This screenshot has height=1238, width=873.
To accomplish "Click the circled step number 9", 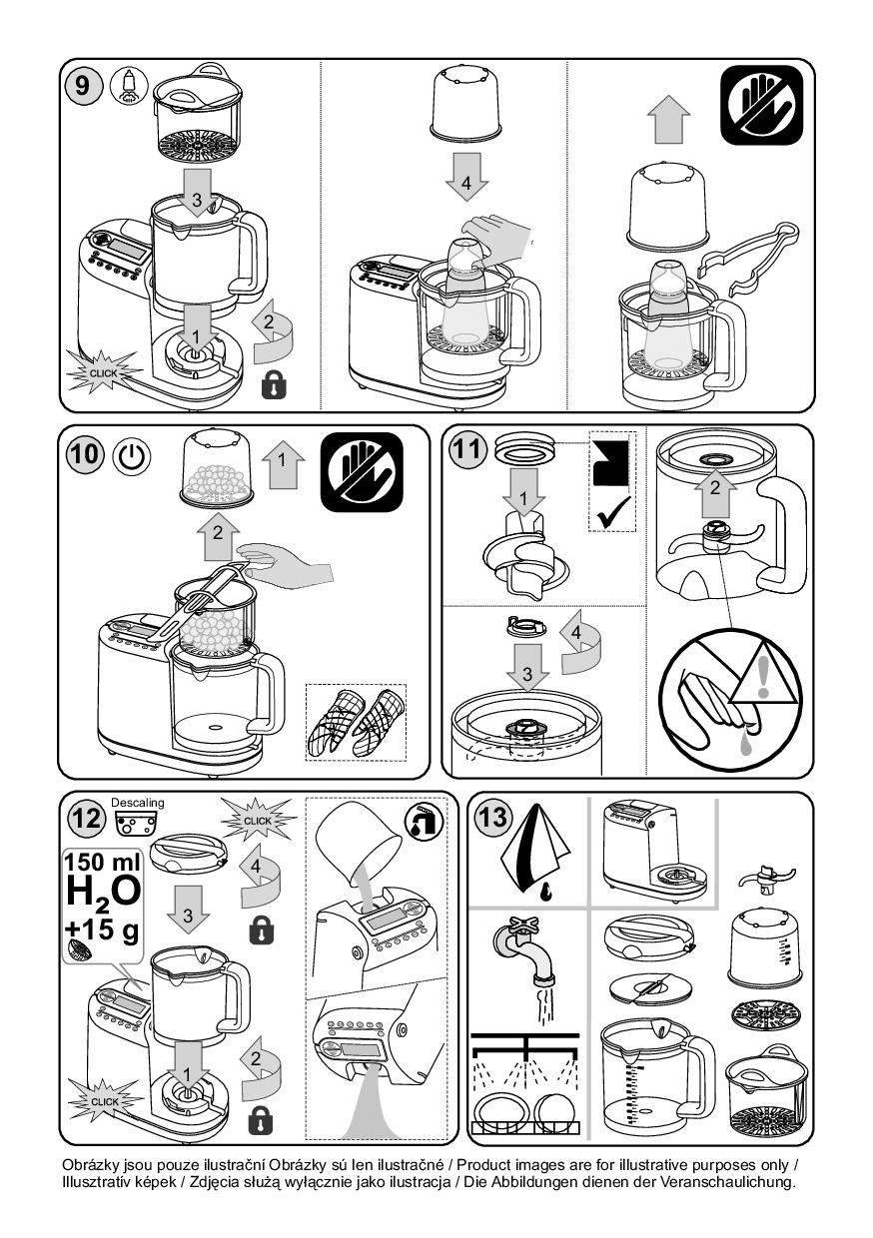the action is (x=81, y=86).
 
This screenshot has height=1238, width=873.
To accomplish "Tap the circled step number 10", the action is (x=85, y=454).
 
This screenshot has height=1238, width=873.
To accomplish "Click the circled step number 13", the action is (x=492, y=817).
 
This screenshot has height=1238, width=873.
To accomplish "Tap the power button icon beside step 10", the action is (x=132, y=457).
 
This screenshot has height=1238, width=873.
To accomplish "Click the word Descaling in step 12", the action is (x=138, y=803).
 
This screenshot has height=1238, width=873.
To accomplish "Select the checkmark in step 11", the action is (x=613, y=512).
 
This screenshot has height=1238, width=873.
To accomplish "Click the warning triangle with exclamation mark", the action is (x=763, y=675).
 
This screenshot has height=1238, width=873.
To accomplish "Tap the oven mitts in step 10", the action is (x=356, y=722).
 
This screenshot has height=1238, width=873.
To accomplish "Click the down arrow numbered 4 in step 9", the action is (x=466, y=177).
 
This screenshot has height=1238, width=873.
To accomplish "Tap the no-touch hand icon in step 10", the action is (x=363, y=471).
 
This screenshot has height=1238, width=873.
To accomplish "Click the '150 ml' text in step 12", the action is (x=103, y=862).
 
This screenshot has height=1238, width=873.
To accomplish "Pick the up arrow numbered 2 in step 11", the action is (x=715, y=492).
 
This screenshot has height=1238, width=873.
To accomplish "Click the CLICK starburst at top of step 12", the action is (x=258, y=821).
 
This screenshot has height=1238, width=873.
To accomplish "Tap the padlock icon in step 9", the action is (x=275, y=384).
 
